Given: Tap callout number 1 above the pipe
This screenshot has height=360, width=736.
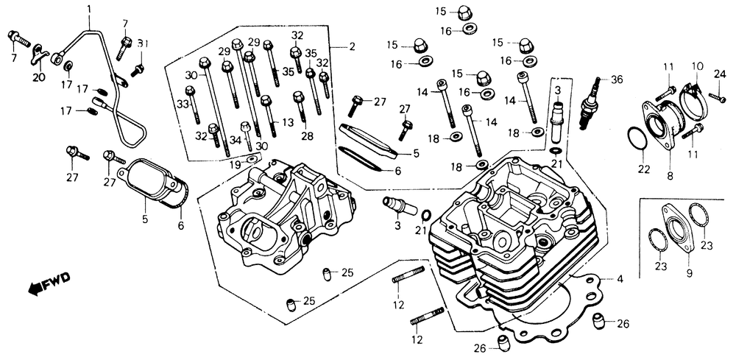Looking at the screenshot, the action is [x=90, y=8].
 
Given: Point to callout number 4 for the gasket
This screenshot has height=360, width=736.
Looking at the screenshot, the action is [x=620, y=280].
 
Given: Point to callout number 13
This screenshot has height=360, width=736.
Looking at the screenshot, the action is [x=288, y=122].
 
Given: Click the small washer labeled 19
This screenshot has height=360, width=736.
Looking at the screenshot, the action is [x=252, y=158].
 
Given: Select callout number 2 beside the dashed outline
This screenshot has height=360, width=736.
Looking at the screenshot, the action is [x=352, y=47].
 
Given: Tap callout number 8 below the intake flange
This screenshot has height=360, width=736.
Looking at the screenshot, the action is [x=670, y=176].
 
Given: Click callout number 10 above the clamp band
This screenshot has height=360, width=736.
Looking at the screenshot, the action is [x=698, y=67].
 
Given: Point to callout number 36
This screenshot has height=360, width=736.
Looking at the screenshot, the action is [x=617, y=80].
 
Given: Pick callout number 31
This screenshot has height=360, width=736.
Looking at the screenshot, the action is [x=143, y=44].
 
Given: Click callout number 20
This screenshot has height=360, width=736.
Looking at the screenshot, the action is [x=39, y=77].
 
